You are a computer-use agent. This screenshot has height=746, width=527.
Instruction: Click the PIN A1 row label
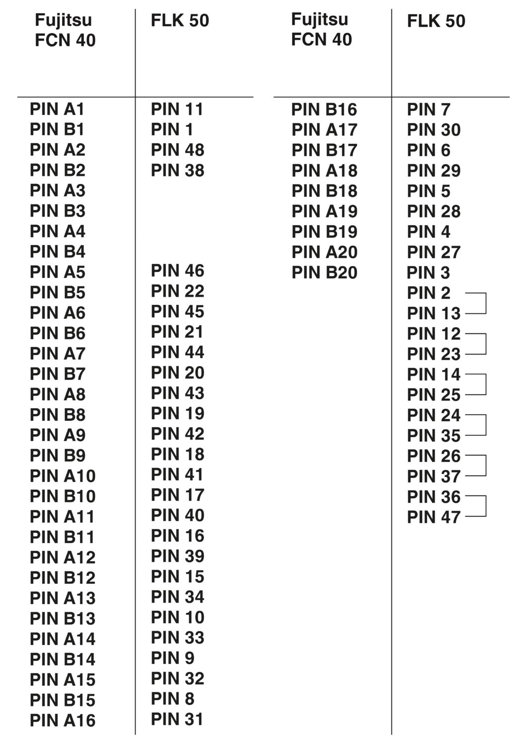click(57, 109)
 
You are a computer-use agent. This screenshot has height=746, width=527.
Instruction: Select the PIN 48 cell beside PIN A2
click(177, 150)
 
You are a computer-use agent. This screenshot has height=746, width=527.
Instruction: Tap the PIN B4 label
click(58, 252)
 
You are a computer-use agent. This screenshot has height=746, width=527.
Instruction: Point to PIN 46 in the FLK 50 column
click(177, 271)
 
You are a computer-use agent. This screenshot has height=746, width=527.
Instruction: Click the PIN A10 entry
click(63, 476)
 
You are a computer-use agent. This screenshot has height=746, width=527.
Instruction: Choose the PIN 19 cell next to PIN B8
click(177, 413)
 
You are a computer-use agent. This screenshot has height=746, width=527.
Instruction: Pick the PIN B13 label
click(63, 619)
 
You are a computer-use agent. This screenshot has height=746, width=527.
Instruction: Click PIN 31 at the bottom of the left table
click(177, 719)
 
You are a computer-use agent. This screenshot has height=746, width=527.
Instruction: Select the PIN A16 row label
click(63, 720)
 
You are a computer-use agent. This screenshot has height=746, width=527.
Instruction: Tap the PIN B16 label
click(324, 109)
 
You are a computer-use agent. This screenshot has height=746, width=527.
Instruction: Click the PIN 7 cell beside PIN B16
click(429, 109)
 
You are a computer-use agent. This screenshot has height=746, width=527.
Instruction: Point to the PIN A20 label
click(324, 252)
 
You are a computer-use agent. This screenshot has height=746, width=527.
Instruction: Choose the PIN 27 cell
click(434, 252)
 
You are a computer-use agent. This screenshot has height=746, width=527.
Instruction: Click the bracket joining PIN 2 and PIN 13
click(486, 303)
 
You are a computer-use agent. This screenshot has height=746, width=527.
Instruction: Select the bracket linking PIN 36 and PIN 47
click(486, 506)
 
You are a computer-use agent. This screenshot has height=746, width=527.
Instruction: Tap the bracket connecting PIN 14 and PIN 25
click(486, 384)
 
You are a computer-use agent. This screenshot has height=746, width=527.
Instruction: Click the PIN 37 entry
click(434, 476)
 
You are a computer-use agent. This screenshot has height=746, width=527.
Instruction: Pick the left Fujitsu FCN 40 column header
click(65, 30)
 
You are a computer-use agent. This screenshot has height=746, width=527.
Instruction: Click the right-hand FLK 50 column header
click(436, 21)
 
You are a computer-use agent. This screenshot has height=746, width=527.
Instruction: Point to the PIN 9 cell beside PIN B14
click(172, 658)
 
